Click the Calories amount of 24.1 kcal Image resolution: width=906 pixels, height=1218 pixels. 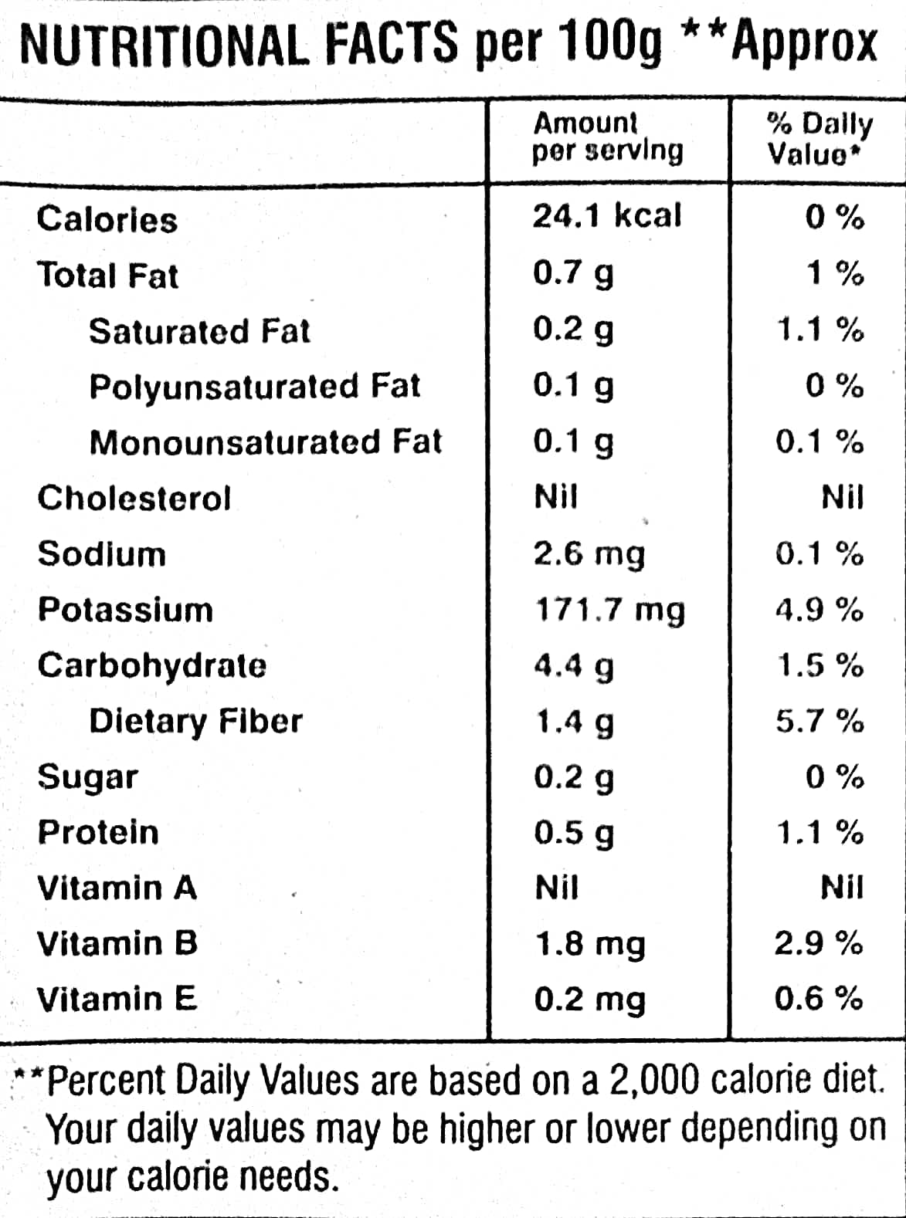[607, 216]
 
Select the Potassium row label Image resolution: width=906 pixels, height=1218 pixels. [125, 610]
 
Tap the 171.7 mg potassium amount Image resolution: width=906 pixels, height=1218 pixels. [610, 611]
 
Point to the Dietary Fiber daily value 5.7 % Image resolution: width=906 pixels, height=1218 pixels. [819, 721]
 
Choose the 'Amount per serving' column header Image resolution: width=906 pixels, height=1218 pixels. [607, 137]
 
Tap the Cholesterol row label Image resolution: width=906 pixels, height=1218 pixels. [134, 498]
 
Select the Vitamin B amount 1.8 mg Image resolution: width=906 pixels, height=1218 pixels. [589, 944]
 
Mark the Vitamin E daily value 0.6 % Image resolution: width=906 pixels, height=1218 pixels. [819, 999]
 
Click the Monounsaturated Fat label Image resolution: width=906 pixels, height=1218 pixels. [266, 442]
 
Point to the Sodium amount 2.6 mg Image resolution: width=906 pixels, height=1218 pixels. [589, 554]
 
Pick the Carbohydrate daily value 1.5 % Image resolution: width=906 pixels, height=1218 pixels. [819, 665]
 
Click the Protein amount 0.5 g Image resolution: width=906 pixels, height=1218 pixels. [574, 833]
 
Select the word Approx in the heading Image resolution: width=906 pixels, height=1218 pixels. [805, 45]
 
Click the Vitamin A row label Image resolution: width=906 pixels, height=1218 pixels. [117, 888]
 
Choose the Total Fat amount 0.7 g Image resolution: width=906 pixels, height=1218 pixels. [573, 273]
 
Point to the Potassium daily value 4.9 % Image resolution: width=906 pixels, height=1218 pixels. [819, 610]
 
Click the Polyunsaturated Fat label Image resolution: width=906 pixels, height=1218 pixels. [255, 386]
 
